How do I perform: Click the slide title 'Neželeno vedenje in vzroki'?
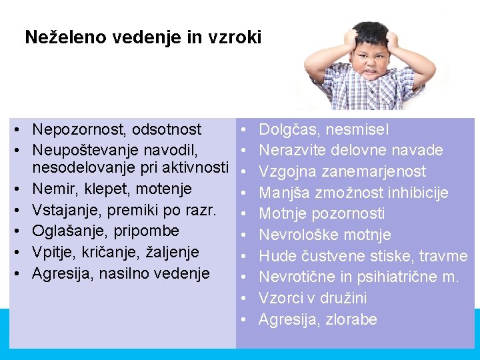143,37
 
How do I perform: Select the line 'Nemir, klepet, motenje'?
112,189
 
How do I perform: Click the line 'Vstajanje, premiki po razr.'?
124,210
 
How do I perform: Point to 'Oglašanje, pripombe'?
105,231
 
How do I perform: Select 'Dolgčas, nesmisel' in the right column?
323,129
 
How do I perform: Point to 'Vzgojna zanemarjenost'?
342,171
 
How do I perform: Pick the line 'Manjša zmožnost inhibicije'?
353,193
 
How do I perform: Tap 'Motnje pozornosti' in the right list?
321,213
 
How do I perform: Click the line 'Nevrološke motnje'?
325,235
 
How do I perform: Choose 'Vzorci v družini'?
313,298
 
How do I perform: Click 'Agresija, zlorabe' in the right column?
317,319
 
